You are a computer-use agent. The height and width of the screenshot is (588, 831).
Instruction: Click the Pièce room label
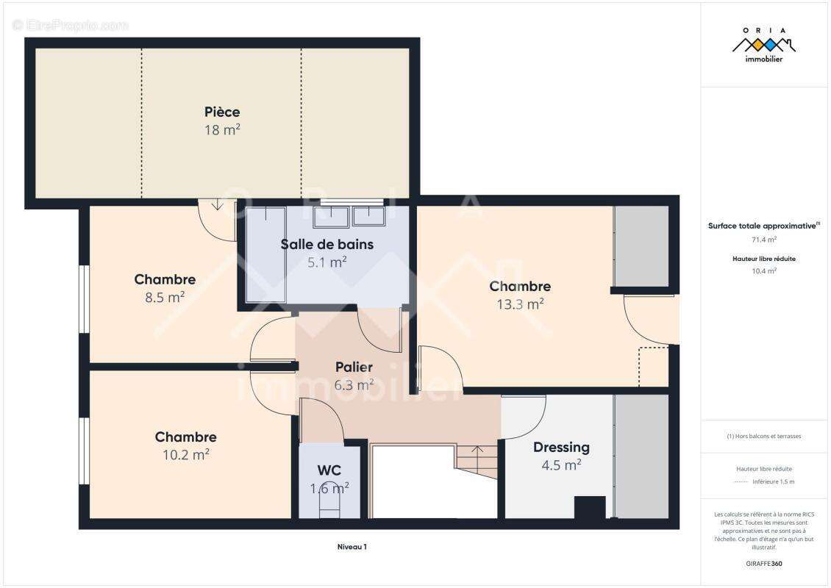pos(222,112)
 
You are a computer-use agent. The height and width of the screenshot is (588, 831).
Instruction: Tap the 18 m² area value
pos(222,130)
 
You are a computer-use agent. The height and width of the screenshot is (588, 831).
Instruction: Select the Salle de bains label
pos(327,244)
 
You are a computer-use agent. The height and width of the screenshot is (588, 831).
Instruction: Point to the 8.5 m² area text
pos(165,297)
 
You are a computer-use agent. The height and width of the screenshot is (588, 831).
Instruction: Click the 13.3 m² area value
pos(520,304)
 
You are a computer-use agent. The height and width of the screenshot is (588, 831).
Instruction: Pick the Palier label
pos(354,367)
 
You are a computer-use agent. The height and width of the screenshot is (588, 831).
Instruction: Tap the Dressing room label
pos(561,448)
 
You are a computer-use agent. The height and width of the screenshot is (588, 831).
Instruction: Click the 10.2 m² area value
pos(185,454)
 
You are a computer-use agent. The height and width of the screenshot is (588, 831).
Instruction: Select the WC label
pos(329,470)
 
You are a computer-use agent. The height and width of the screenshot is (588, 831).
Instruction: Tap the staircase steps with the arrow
pos(477,461)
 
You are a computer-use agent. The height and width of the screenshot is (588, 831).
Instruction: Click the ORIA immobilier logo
pos(763,45)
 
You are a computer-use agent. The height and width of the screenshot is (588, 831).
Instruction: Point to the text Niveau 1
pos(352,547)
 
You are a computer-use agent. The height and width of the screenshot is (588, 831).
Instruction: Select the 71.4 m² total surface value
pos(763,240)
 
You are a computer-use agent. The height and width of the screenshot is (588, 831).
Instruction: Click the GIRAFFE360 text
pos(763,564)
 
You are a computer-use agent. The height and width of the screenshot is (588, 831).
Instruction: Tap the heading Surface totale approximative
pos(763,226)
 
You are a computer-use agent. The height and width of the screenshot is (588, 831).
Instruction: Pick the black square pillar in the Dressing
pos(590,507)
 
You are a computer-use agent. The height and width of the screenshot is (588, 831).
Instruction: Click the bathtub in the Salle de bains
pos(265,255)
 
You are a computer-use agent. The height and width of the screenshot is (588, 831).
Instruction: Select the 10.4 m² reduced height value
pos(763,270)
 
